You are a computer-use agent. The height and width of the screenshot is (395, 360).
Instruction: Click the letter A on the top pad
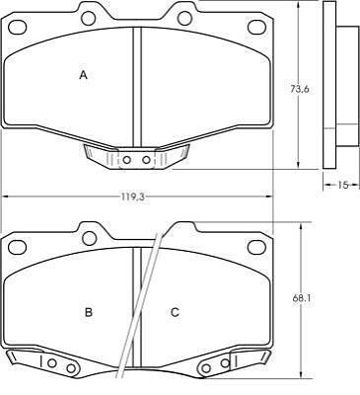tap(84, 75)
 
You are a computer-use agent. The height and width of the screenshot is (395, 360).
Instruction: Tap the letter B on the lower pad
tap(89, 312)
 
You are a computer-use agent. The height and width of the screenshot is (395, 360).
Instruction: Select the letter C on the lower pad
tap(175, 312)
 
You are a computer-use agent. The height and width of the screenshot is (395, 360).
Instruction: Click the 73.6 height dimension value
tap(300, 89)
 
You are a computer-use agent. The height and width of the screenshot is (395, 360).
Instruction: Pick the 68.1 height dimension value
tap(302, 298)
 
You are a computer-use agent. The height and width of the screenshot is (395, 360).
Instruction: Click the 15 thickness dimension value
tap(342, 185)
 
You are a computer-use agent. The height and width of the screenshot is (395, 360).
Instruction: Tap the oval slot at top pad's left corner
tap(18, 28)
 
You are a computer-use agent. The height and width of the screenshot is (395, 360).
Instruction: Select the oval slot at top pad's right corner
tap(256, 28)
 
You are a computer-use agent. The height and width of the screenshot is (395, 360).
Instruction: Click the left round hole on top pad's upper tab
tap(89, 19)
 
